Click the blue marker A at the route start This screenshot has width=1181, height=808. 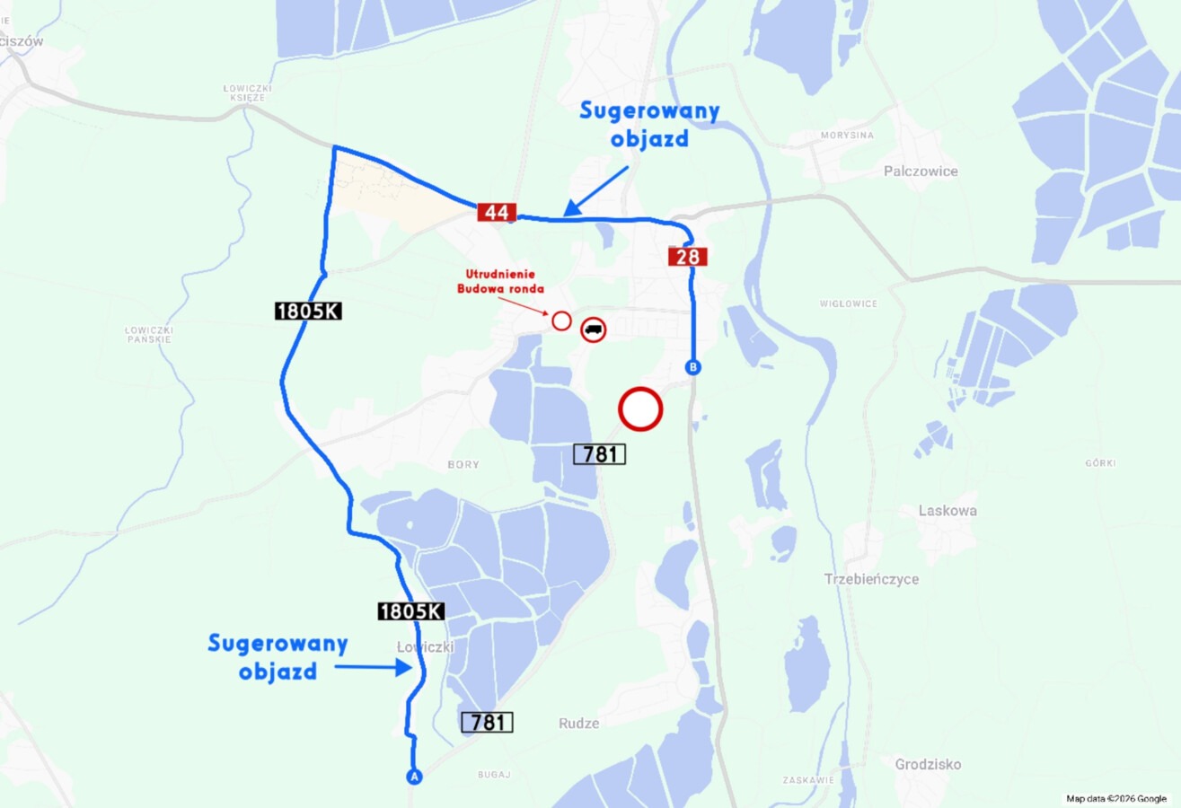[414, 777]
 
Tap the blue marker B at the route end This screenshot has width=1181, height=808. [692, 367]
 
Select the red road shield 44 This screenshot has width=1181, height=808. [497, 213]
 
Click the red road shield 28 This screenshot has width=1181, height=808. [688, 258]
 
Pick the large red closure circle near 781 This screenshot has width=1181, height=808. [640, 409]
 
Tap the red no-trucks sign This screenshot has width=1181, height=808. [593, 329]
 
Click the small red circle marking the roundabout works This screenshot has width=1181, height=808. [561, 321]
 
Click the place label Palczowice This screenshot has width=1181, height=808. [921, 171]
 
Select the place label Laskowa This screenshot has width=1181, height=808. [947, 511]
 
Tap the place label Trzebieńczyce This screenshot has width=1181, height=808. [871, 579]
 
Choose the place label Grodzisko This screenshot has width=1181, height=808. [928, 765]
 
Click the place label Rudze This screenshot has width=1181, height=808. [578, 723]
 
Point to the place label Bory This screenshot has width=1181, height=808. [463, 465]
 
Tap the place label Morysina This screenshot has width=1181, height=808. [846, 136]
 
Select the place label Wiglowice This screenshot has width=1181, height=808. [848, 303]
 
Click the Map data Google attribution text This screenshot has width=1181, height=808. [1115, 798]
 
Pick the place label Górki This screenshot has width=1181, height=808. [1100, 463]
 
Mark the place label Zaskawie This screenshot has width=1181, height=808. [808, 780]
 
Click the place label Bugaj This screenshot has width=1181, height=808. [494, 774]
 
